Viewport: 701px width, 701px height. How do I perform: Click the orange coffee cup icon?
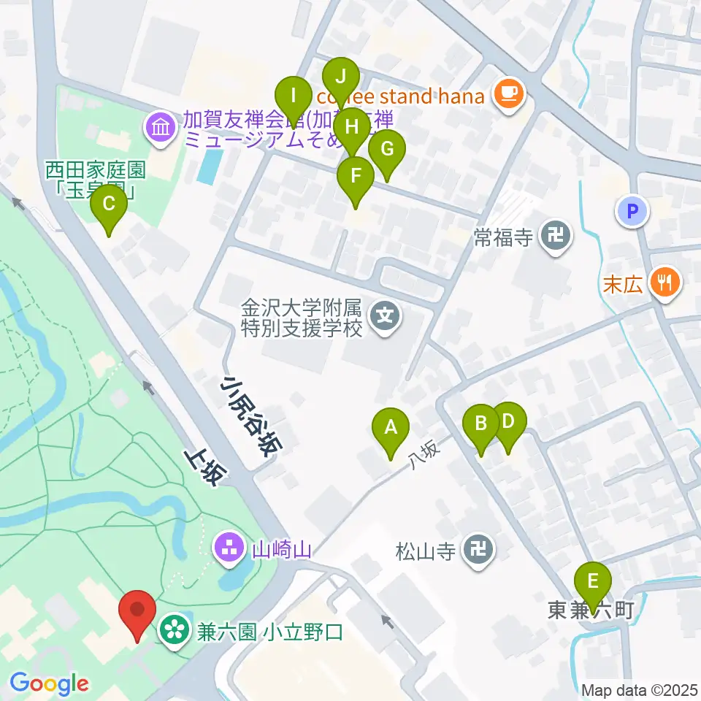[x=508, y=93]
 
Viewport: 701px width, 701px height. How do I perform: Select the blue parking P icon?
[x=632, y=212]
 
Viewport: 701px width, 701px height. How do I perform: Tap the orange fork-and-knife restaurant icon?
[x=664, y=282]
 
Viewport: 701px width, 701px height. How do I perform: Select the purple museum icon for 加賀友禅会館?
[x=160, y=128]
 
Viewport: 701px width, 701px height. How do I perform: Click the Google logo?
[x=49, y=684]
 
